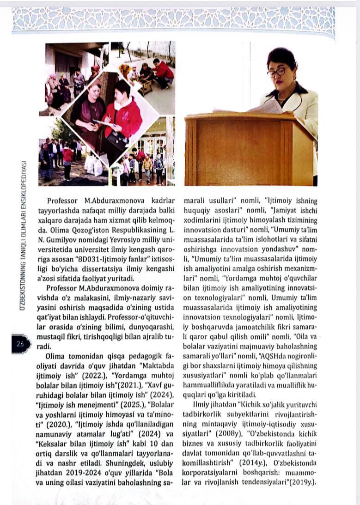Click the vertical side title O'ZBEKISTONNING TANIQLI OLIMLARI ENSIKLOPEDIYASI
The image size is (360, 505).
pyautogui.click(x=22, y=235)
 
